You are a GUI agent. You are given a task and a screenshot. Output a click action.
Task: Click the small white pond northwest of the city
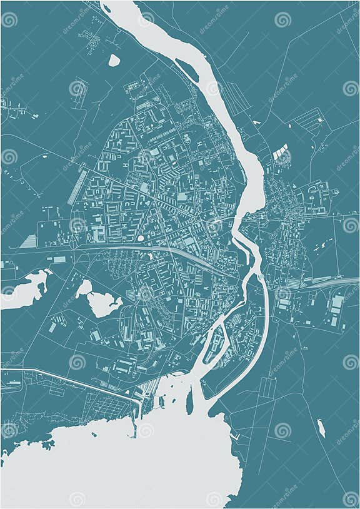(114, 61)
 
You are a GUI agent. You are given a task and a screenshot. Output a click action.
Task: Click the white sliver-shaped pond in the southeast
(321, 428)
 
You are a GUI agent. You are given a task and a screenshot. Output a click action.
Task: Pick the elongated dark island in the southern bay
(189, 403)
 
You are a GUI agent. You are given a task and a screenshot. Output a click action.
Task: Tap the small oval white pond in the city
(141, 238)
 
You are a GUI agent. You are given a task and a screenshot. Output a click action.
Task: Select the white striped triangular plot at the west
(29, 241)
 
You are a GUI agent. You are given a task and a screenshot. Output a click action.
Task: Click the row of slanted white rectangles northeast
(281, 151)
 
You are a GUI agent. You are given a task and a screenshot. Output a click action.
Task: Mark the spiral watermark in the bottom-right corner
(351, 498)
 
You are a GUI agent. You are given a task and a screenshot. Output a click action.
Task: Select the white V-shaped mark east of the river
(255, 122)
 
